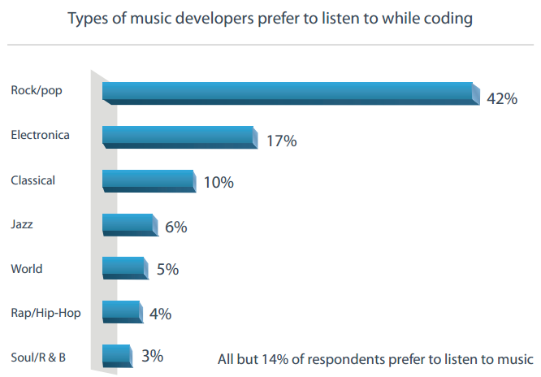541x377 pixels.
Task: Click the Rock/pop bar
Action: click(x=288, y=93)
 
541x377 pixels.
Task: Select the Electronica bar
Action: click(x=180, y=136)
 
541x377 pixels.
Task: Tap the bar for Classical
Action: click(x=149, y=180)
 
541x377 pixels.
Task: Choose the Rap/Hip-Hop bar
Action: click(x=121, y=312)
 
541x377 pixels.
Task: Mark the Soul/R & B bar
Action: click(x=117, y=355)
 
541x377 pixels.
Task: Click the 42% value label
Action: click(x=501, y=98)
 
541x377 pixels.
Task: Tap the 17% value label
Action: click(x=282, y=141)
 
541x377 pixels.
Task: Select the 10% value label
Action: click(x=219, y=183)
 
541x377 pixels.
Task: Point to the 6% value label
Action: click(x=175, y=227)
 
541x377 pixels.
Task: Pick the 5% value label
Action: click(x=167, y=269)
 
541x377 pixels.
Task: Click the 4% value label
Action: click(x=160, y=314)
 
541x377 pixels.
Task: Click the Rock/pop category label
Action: click(x=37, y=90)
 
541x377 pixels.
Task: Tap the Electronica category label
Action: click(x=41, y=135)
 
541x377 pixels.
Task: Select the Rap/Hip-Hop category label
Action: click(x=45, y=312)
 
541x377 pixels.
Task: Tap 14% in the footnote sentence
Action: click(x=291, y=358)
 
